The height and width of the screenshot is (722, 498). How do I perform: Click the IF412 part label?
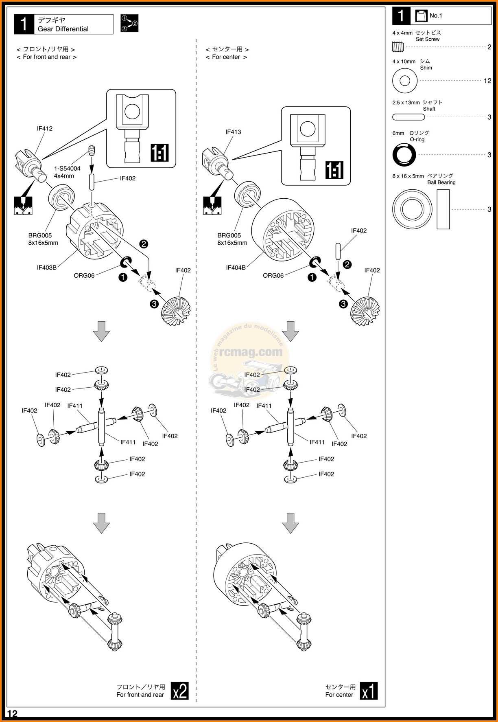pyautogui.click(x=45, y=129)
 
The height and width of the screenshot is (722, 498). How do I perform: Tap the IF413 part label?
pyautogui.click(x=233, y=132)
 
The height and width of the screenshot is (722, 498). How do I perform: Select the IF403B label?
pyautogui.click(x=47, y=268)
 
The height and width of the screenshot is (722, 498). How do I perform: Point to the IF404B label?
pyautogui.click(x=236, y=268)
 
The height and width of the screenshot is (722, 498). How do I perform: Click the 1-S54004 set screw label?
pyautogui.click(x=67, y=169)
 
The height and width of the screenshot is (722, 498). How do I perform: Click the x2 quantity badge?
pyautogui.click(x=180, y=691)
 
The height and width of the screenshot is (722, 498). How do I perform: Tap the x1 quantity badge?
pyautogui.click(x=369, y=691)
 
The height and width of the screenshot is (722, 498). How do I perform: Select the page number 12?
pyautogui.click(x=12, y=714)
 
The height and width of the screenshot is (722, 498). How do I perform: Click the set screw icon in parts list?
pyautogui.click(x=398, y=47)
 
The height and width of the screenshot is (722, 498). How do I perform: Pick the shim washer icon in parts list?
pyautogui.click(x=404, y=81)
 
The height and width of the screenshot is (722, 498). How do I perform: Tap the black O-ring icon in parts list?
pyautogui.click(x=404, y=155)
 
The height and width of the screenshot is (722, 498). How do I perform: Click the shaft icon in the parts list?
pyautogui.click(x=408, y=117)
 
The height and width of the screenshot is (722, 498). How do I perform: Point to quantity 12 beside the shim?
pyautogui.click(x=487, y=81)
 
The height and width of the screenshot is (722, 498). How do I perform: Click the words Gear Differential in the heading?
pyautogui.click(x=63, y=29)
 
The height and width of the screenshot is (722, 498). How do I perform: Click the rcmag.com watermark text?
pyautogui.click(x=251, y=352)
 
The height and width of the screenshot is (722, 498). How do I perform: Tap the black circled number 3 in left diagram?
pyautogui.click(x=154, y=304)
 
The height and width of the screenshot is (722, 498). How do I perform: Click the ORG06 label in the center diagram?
pyautogui.click(x=273, y=276)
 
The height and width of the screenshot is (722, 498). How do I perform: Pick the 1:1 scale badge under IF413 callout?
pyautogui.click(x=334, y=170)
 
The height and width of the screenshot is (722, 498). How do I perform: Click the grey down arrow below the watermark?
pyautogui.click(x=290, y=523)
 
